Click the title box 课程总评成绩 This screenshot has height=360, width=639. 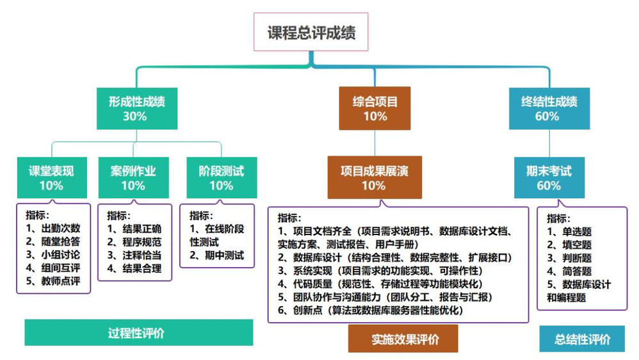click(311, 32)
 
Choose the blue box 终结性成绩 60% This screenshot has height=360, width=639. click(549, 108)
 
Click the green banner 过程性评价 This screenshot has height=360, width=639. click(138, 332)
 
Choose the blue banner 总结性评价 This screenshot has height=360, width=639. click(582, 339)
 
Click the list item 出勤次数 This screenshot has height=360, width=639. click(61, 228)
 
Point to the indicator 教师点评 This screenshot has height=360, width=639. click(61, 282)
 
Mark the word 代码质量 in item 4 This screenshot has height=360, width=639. click(312, 284)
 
